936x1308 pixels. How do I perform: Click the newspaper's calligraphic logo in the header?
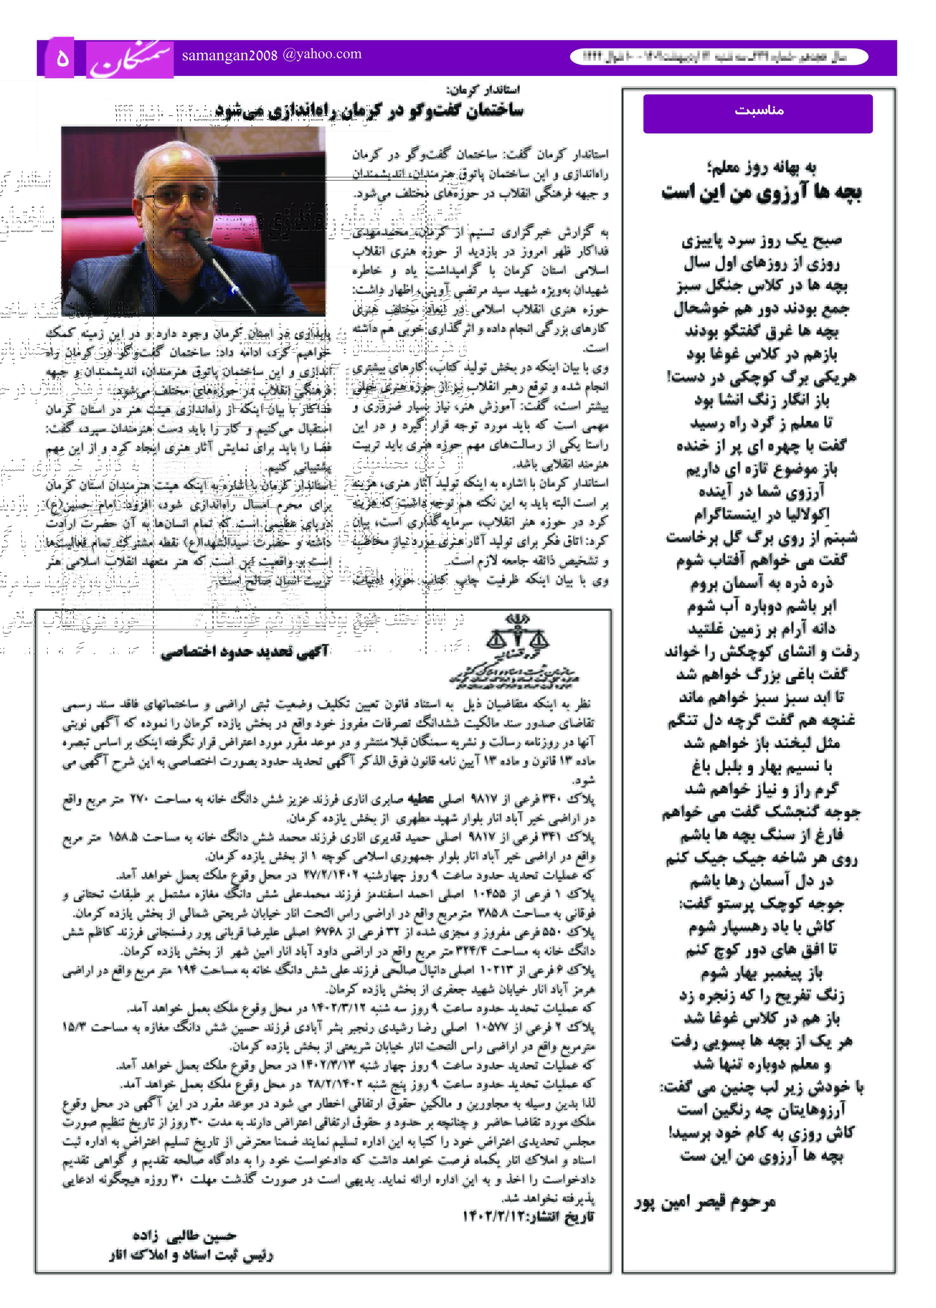(x=130, y=59)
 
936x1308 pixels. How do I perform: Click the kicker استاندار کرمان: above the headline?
(x=483, y=90)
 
